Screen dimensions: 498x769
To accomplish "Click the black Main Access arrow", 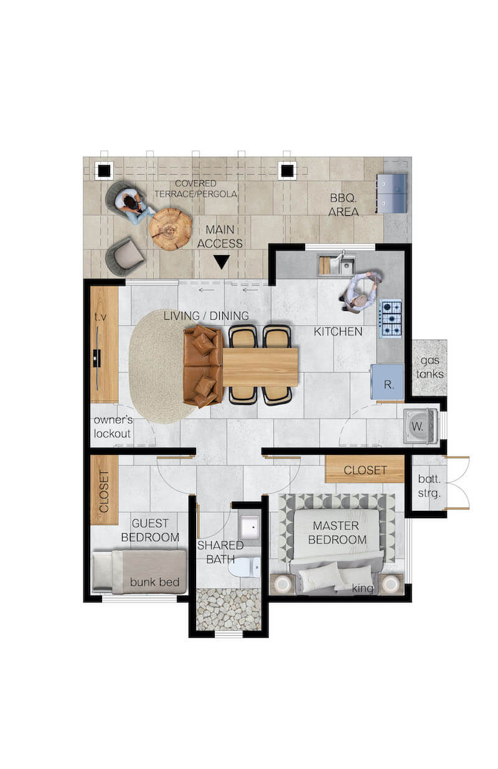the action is pos(222,261).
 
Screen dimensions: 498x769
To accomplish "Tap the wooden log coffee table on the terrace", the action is pos(171,229).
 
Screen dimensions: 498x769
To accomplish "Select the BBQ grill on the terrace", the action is pos(392,193).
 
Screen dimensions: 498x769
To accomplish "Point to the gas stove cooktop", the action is pos(390,318).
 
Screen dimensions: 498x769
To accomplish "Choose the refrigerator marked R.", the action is pos(387,382).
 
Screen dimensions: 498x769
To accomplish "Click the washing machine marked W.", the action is pos(420,426).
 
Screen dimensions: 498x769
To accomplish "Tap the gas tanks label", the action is pos(430,367).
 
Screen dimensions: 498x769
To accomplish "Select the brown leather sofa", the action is pos(204,366).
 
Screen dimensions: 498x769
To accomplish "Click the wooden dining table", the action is pos(260,367).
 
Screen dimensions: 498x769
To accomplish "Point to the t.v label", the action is pos(100,317).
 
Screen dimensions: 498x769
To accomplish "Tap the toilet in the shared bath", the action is pos(244,567).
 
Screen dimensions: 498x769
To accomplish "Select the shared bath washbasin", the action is pos(250,527).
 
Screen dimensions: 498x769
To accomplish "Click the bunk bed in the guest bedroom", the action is pos(139,572).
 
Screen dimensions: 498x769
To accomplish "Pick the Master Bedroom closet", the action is pos(364,469).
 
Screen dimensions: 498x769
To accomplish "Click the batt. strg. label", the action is pos(429,486).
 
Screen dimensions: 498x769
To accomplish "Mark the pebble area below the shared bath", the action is pos(228,609).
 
